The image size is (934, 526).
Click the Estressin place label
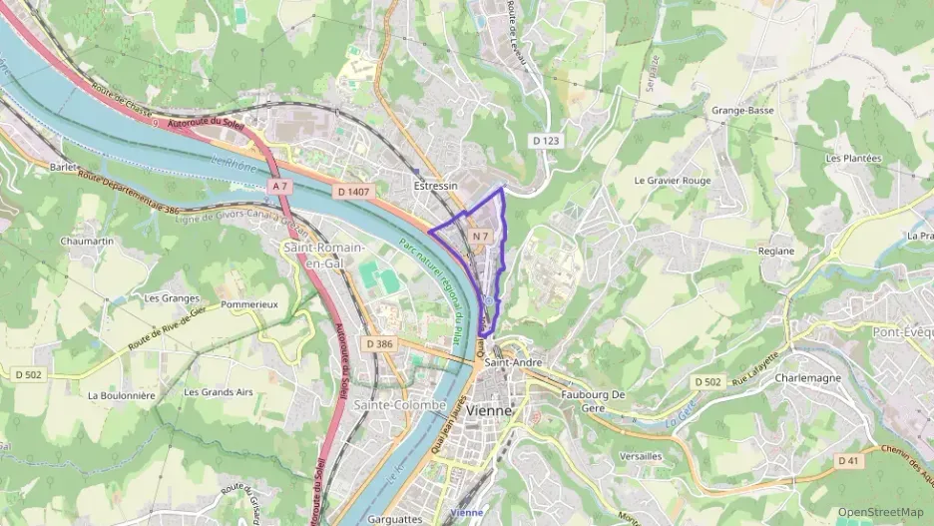coord(435,186)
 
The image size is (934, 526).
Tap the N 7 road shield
coord(481,237)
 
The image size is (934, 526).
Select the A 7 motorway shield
coord(280,187)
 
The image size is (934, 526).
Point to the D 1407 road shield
coord(354,191)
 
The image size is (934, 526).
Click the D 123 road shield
coord(545,141)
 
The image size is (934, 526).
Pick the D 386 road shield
coord(380,343)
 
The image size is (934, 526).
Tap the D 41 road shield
coord(848,460)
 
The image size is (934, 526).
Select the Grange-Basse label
coord(742,111)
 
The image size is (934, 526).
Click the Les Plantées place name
coord(853,158)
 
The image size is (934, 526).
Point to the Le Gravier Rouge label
coord(673,181)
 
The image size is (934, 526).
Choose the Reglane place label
coord(775,252)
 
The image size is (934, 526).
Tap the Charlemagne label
coord(807,378)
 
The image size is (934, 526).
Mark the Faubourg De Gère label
coord(593,400)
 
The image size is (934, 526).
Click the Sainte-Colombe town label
coord(393,404)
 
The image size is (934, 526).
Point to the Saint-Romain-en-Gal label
coord(324,255)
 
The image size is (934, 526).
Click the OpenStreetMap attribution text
coord(880,512)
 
